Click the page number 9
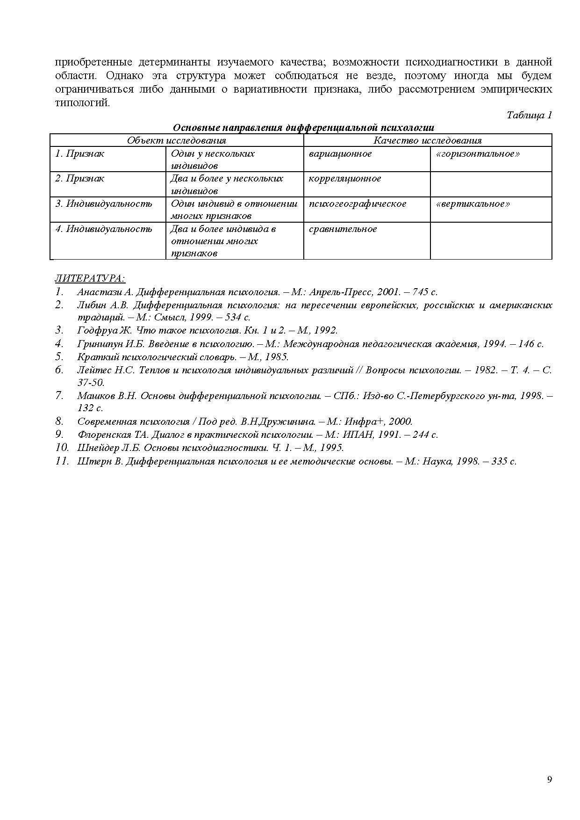550,779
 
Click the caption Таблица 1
529,115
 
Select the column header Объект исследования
177,140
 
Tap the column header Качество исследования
427,140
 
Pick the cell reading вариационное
340,154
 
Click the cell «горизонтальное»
477,154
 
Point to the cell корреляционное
345,179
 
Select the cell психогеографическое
358,204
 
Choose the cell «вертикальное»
473,204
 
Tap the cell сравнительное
343,229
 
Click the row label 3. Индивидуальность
104,204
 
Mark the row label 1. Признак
79,154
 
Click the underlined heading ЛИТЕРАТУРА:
90,279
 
